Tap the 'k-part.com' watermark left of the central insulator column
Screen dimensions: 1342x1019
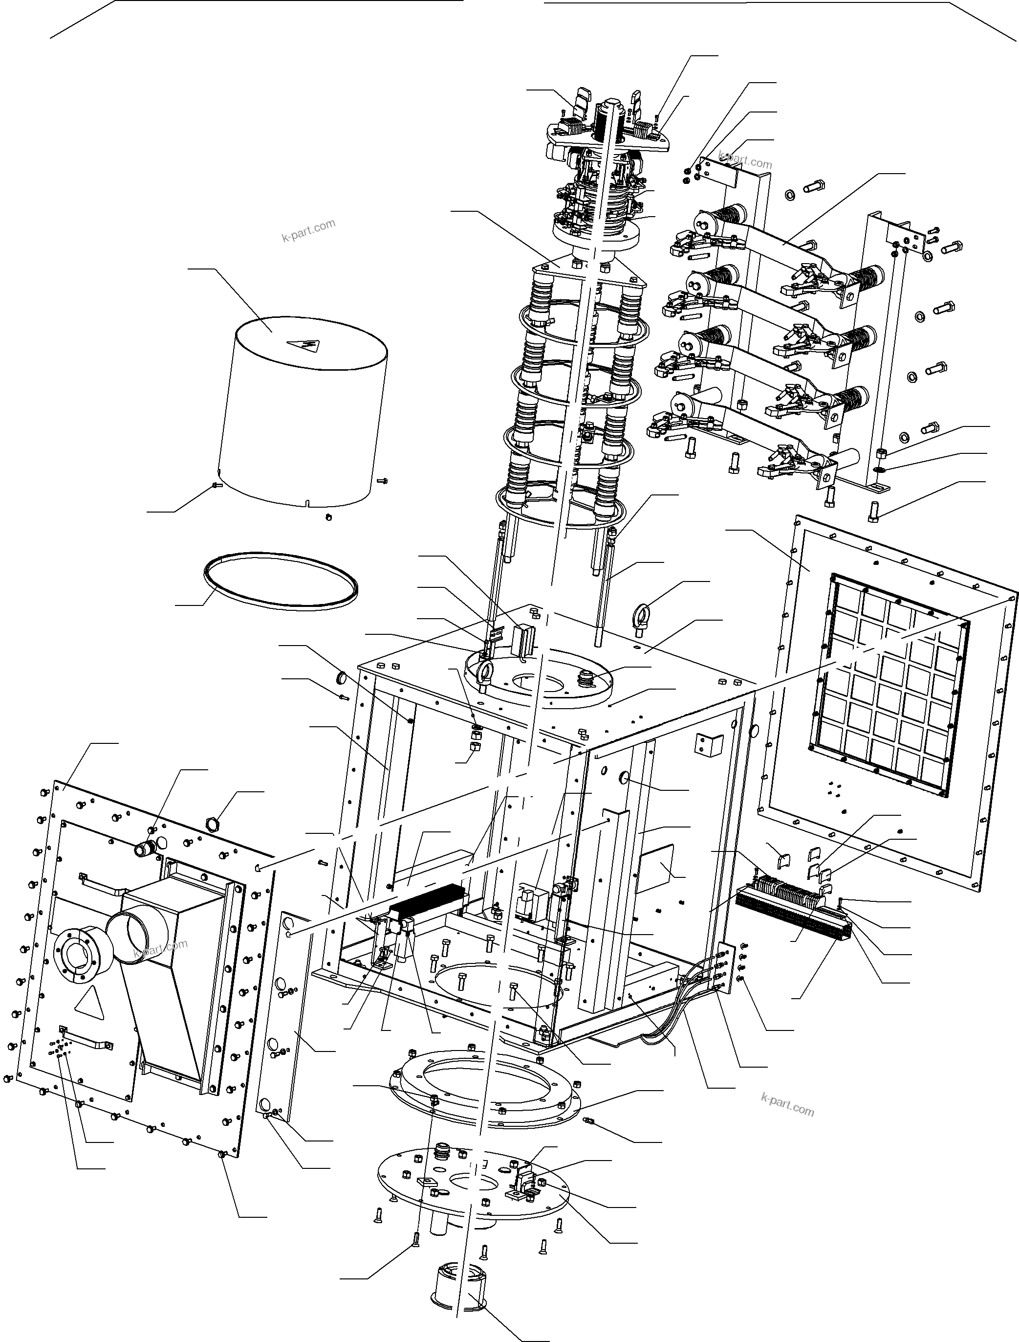pyautogui.click(x=308, y=230)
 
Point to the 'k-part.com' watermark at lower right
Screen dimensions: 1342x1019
pyautogui.click(x=787, y=1105)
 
